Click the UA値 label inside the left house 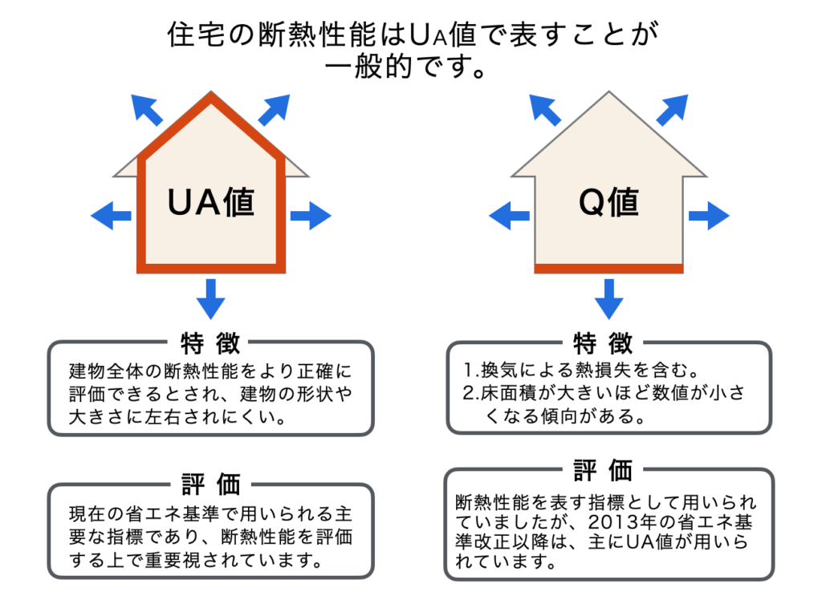(x=210, y=201)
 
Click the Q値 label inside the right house (x=608, y=201)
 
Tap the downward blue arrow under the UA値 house (x=210, y=298)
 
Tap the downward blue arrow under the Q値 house (x=608, y=298)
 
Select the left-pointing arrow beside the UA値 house (x=111, y=215)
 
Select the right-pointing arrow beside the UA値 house (x=310, y=215)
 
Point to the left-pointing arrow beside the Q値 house (x=509, y=215)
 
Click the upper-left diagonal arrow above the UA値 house (x=147, y=109)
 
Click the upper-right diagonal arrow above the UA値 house (x=274, y=109)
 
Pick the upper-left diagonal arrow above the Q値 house (x=545, y=109)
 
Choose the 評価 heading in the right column (x=608, y=470)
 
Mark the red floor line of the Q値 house (x=608, y=268)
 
